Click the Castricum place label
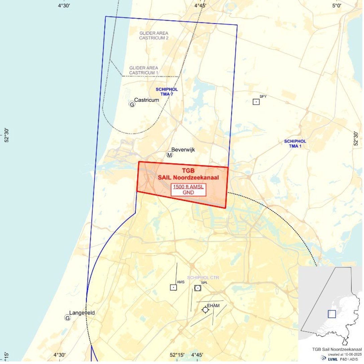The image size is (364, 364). (x=147, y=100)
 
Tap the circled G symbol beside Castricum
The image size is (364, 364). (x=132, y=104)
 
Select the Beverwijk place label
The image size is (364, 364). (x=183, y=150)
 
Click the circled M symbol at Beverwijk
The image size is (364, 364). (x=170, y=155)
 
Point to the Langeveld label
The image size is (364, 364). (x=82, y=313)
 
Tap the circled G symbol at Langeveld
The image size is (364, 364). (x=68, y=317)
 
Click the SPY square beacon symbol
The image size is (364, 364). (x=256, y=102)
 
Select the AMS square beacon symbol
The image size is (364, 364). (x=173, y=287)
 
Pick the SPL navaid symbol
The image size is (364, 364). (x=198, y=288)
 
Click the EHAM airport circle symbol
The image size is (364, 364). (x=205, y=310)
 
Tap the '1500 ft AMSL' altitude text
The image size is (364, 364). (x=188, y=187)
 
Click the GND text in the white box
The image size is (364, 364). (x=188, y=193)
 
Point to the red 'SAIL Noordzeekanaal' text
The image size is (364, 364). (x=188, y=177)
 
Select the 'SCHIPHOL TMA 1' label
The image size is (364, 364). (x=295, y=143)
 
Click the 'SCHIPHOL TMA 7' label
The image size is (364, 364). (x=167, y=92)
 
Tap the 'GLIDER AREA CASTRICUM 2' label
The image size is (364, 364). (x=154, y=35)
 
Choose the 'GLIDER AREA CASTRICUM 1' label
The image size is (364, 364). (x=144, y=70)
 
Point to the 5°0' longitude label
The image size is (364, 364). (x=336, y=5)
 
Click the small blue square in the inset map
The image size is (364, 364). (x=332, y=314)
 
